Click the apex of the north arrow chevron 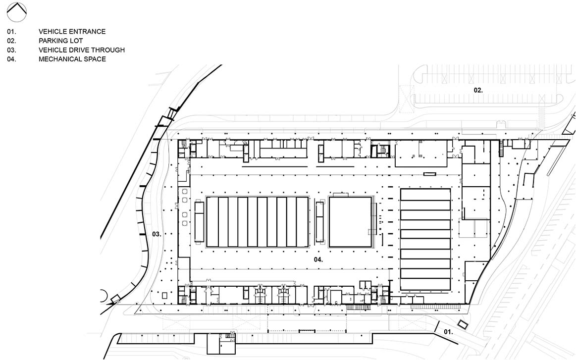pos(17,3)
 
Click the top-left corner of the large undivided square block pos(329,197)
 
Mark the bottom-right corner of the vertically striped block pos(308,247)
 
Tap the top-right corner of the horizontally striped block pos(450,189)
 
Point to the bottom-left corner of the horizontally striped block pos(401,290)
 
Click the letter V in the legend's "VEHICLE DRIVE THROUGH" pos(41,50)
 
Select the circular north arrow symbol pos(17,12)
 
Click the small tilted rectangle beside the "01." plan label pos(462,324)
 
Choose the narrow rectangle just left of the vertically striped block pos(199,222)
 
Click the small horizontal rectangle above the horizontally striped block pos(429,174)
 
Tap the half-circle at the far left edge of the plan pos(104,295)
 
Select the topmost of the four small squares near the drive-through pos(184,191)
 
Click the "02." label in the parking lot pos(478,90)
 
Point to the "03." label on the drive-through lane pos(157,234)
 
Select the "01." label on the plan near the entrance pos(448,332)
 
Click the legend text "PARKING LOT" pos(60,41)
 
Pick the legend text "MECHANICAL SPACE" pos(72,59)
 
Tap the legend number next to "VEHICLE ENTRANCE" pos(11,32)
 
